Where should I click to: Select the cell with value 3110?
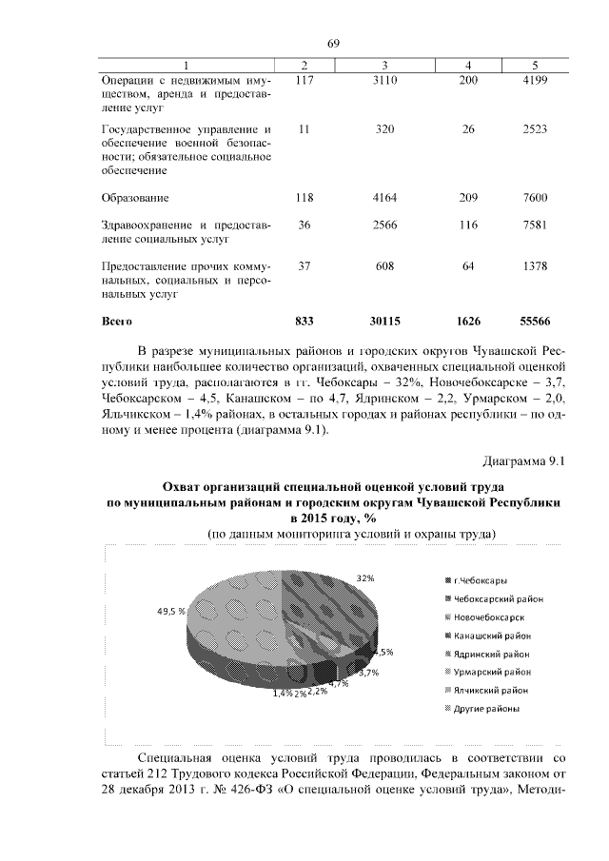(384, 82)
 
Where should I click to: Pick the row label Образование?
(135, 199)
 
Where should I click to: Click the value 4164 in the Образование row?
(384, 199)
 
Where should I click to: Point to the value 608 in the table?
(384, 267)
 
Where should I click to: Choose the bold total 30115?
(384, 322)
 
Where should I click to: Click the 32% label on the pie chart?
(365, 577)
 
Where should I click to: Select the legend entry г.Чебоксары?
(483, 580)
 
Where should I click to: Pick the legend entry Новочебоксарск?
(493, 616)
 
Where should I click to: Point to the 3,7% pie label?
(369, 673)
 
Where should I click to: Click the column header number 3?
(384, 64)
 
